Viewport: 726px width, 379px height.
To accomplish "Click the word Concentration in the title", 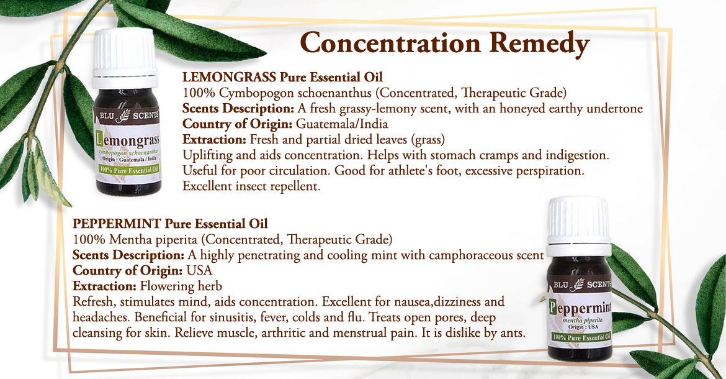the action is pos(391,43).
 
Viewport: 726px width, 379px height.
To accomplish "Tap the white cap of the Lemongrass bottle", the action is pos(124,58).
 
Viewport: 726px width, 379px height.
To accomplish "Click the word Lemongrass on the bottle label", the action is pos(127,139).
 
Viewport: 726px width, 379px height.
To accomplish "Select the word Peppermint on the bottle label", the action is pos(580,308).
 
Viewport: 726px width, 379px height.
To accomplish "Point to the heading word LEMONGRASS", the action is pos(229,77).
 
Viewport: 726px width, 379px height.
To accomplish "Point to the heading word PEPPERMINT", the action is pos(117,224).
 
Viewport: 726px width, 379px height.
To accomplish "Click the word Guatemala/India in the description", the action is pos(342,124).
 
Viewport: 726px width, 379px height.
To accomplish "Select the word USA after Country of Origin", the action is pos(199,271).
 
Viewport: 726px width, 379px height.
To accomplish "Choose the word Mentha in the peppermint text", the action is pos(125,240).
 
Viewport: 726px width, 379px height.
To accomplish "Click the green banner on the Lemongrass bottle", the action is pos(128,170).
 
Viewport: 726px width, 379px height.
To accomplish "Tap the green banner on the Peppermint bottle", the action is pos(581,337).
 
